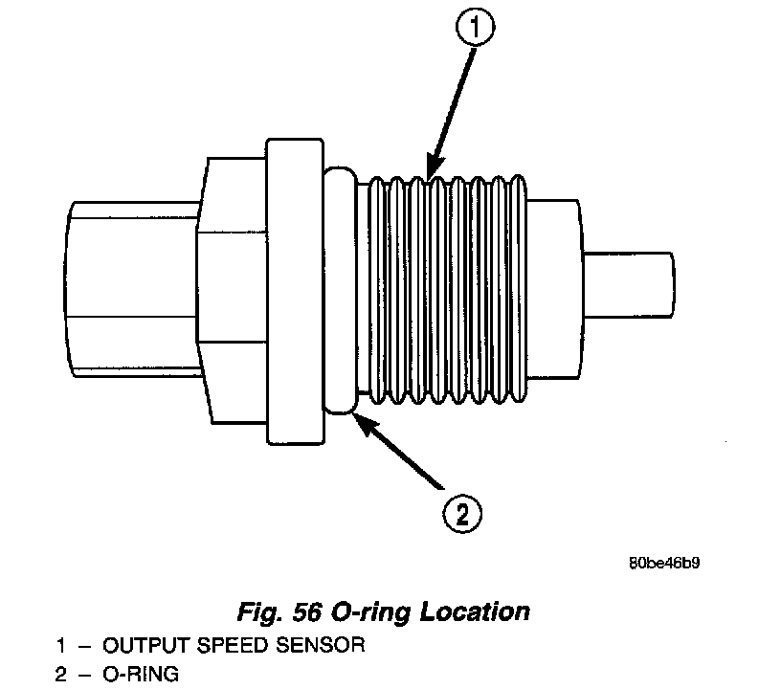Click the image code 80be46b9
pos(663,563)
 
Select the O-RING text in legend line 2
pos(141,674)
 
